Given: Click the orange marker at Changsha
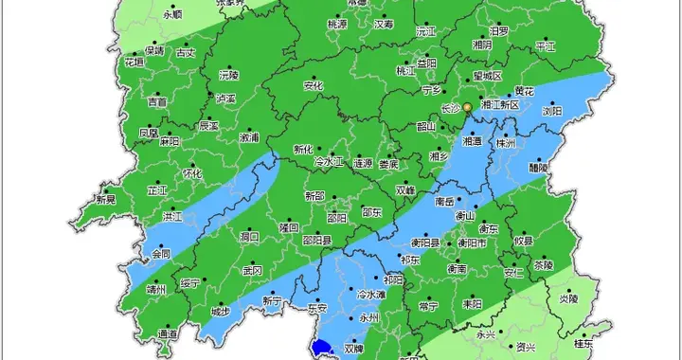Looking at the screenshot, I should pyautogui.click(x=466, y=108).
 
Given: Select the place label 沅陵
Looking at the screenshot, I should pyautogui.click(x=228, y=74).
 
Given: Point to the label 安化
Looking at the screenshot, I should pyautogui.click(x=314, y=86).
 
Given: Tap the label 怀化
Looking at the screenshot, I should pyautogui.click(x=192, y=174).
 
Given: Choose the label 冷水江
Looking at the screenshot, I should pyautogui.click(x=330, y=163).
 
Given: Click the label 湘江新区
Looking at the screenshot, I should pyautogui.click(x=501, y=104).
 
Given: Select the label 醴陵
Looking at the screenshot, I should pyautogui.click(x=539, y=167).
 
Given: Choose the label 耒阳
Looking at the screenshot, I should pyautogui.click(x=471, y=304).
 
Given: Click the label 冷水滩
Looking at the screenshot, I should pyautogui.click(x=370, y=295).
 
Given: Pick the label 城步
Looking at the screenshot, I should pyautogui.click(x=220, y=311).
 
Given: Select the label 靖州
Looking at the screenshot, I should pyautogui.click(x=155, y=290).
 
